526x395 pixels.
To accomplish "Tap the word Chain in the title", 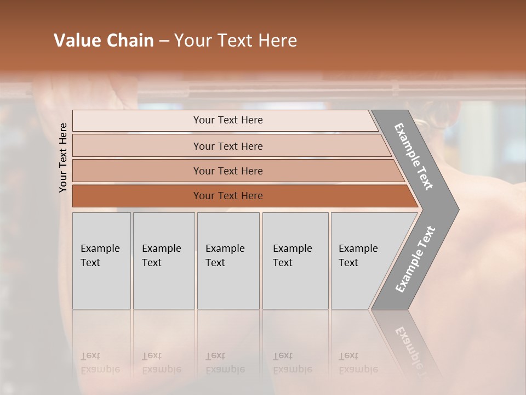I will (130, 41).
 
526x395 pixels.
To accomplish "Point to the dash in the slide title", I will (164, 41).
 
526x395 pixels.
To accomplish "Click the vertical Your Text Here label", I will (63, 157).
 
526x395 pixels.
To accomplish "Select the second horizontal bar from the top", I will (227, 146).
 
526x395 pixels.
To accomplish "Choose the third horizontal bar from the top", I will (227, 171).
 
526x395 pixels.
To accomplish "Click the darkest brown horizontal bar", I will (227, 196).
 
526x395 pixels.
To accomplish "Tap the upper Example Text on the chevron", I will (414, 156).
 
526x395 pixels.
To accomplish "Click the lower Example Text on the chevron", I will (415, 259).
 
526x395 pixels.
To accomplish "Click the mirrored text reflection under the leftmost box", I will (100, 363).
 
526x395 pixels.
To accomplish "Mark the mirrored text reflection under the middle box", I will (225, 363).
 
